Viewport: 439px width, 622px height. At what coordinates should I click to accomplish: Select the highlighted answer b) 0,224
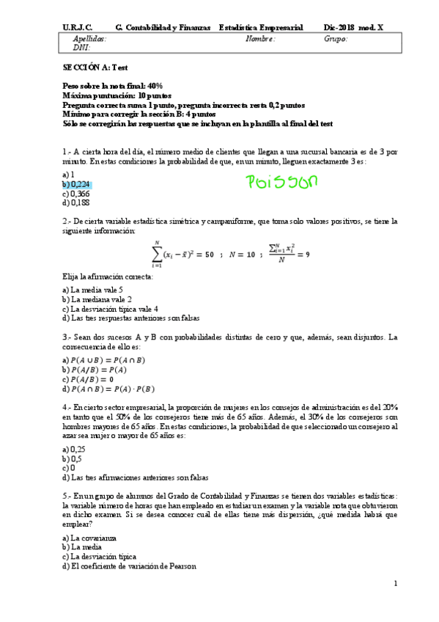tap(77, 185)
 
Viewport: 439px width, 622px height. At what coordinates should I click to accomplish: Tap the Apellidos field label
tap(89, 39)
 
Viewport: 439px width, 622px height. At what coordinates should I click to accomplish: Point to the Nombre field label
tap(260, 39)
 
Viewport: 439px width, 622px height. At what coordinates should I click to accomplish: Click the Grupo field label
tap(336, 39)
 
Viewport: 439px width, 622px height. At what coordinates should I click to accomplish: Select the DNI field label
tap(81, 48)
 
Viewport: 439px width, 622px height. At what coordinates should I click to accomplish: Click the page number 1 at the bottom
tap(395, 583)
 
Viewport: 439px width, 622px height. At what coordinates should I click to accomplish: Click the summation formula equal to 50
tap(182, 254)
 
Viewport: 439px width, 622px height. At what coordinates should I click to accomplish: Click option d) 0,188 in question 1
tap(76, 203)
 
